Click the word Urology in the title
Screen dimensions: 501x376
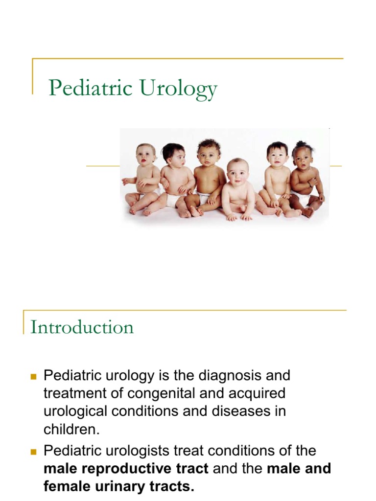(x=178, y=89)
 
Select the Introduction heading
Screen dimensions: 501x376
(x=82, y=327)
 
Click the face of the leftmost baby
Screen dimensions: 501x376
(x=145, y=156)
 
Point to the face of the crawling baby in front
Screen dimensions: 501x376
(x=238, y=171)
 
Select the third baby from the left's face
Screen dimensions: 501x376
(x=209, y=153)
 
